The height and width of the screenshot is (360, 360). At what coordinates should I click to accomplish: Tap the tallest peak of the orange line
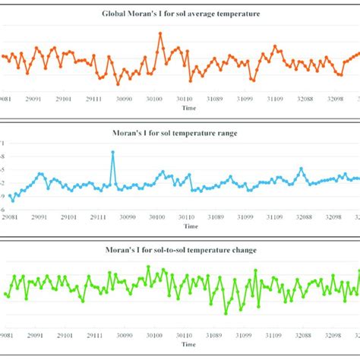tap(160, 33)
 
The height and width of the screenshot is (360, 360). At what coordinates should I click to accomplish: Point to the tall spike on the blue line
tap(112, 152)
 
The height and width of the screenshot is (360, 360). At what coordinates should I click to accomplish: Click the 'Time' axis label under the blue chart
tap(190, 226)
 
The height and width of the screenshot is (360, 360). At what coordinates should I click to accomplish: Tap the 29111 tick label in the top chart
tap(95, 99)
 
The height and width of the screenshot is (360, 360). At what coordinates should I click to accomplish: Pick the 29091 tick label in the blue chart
tap(36, 216)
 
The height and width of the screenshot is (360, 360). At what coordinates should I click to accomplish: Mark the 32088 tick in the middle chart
tap(304, 216)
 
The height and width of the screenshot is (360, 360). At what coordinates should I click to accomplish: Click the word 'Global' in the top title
tap(117, 14)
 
